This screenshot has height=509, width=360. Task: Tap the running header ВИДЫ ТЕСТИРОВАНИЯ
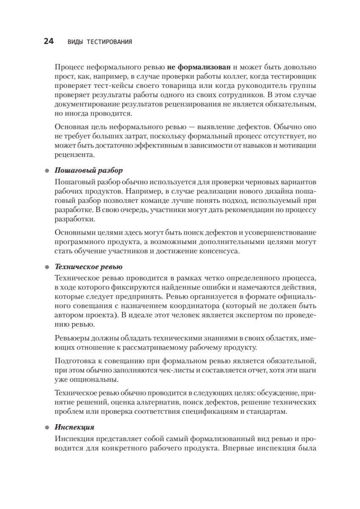[x=100, y=42]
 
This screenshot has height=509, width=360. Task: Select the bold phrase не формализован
[x=199, y=67]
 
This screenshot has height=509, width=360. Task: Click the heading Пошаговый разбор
[x=89, y=171]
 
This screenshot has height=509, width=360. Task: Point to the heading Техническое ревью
[x=89, y=267]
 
